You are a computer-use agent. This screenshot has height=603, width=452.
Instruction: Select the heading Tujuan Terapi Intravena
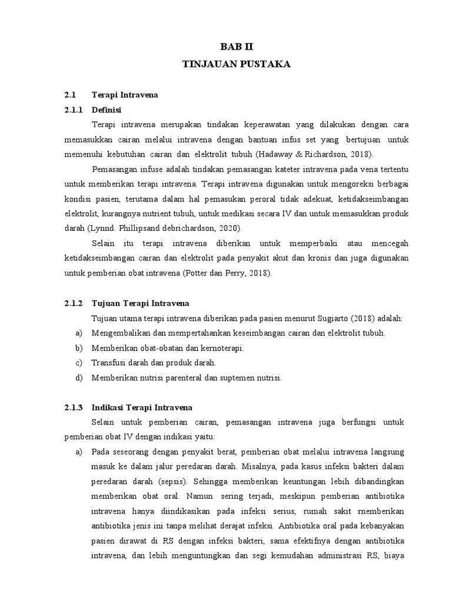(x=140, y=303)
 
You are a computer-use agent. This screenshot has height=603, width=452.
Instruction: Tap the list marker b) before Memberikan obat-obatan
(x=79, y=348)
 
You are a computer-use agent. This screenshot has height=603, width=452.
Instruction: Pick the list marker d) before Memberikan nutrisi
(x=79, y=378)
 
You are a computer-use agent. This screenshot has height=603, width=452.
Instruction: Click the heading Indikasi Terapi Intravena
(x=142, y=407)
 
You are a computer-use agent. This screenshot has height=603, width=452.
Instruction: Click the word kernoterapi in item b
(x=222, y=348)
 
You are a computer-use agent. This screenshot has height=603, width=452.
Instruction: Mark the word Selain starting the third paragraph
(x=104, y=243)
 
